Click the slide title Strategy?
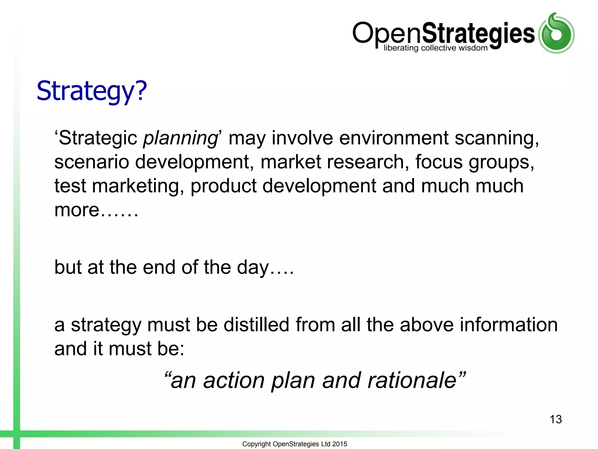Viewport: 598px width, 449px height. pyautogui.click(x=91, y=91)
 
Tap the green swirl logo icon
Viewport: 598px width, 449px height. pyautogui.click(x=556, y=33)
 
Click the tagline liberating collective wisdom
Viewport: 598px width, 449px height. pyautogui.click(x=435, y=48)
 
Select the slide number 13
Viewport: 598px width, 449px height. pyautogui.click(x=555, y=419)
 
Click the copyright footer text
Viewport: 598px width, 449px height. pyautogui.click(x=294, y=444)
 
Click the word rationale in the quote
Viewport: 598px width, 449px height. pyautogui.click(x=412, y=380)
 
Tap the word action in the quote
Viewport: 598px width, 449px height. pyautogui.click(x=234, y=380)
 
